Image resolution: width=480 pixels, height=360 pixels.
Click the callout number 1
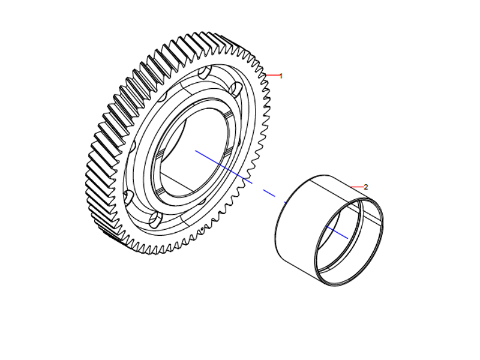coord(281,76)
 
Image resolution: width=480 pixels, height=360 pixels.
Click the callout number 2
coord(366,187)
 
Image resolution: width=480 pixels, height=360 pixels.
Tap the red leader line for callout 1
coord(272,76)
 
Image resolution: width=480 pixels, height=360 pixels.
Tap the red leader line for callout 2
coord(356,187)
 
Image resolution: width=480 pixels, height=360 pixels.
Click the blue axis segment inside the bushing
coord(337,232)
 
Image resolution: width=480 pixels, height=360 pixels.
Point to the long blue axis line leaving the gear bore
coord(222,166)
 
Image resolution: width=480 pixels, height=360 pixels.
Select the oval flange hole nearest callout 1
coord(236,91)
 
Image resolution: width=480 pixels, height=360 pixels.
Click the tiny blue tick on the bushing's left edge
coord(286,203)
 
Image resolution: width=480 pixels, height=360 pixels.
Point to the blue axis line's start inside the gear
coord(197,152)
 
